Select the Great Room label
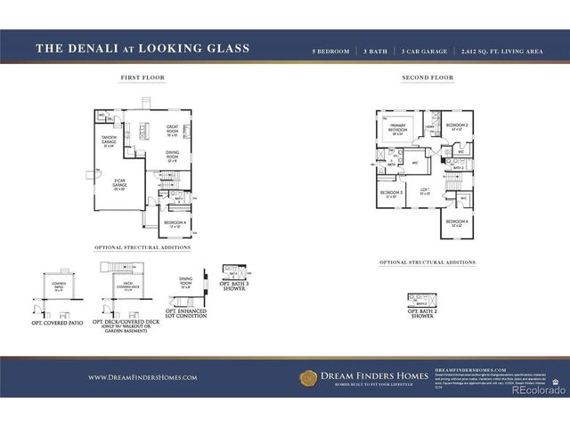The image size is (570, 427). (x=172, y=130)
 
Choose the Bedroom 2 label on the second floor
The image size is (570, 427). (x=457, y=126)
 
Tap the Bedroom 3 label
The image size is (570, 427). (x=391, y=194)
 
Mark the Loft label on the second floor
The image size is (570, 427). (x=425, y=192)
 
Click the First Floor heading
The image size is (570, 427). (x=142, y=78)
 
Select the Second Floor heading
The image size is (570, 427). (x=427, y=78)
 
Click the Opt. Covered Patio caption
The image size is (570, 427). (x=57, y=322)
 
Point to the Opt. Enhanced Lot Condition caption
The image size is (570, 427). (x=186, y=313)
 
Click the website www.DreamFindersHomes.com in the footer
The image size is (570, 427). (x=142, y=377)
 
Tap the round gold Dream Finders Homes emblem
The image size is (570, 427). (x=308, y=377)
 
